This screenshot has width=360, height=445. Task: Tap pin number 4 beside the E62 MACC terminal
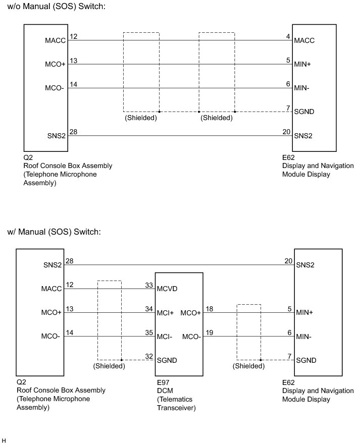click(288, 36)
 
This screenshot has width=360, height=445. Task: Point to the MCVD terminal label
click(168, 289)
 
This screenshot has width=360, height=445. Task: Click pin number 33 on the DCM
click(149, 285)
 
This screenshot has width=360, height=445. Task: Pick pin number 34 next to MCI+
click(149, 309)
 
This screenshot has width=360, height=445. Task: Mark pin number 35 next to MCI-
click(149, 332)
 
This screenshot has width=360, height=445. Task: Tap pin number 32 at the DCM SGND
click(149, 356)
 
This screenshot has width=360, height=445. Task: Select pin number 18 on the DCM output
click(210, 309)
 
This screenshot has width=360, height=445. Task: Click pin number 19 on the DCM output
click(210, 332)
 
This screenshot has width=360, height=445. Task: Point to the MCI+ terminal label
click(166, 313)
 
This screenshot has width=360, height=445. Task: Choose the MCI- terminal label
click(166, 337)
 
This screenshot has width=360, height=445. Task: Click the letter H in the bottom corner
click(4, 440)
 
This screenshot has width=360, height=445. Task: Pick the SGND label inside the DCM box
click(168, 360)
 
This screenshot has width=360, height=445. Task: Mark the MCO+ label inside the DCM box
click(190, 313)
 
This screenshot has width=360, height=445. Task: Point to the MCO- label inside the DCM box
click(191, 337)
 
